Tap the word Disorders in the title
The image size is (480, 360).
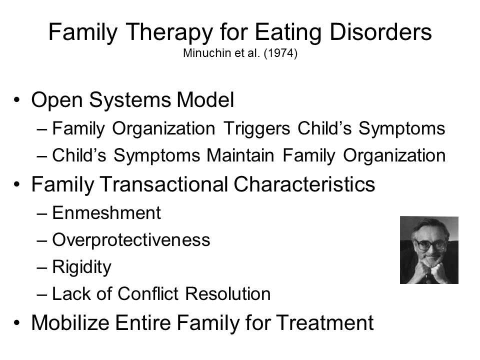(x=380, y=31)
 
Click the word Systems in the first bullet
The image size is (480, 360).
(x=130, y=100)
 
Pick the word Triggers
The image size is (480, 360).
(x=257, y=129)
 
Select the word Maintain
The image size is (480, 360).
(x=240, y=155)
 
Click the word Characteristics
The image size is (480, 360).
(x=304, y=184)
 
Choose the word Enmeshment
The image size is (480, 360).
(x=106, y=213)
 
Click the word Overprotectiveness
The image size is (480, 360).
(x=131, y=240)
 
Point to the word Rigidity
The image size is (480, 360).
(x=81, y=267)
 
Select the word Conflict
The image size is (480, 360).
(x=148, y=294)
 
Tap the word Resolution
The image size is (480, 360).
(x=228, y=294)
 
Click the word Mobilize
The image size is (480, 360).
(x=70, y=322)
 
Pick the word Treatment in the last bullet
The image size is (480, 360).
(x=325, y=322)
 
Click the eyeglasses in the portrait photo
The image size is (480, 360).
(x=428, y=244)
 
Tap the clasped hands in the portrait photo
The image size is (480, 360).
(x=428, y=269)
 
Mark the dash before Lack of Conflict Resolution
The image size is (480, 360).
(x=42, y=294)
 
